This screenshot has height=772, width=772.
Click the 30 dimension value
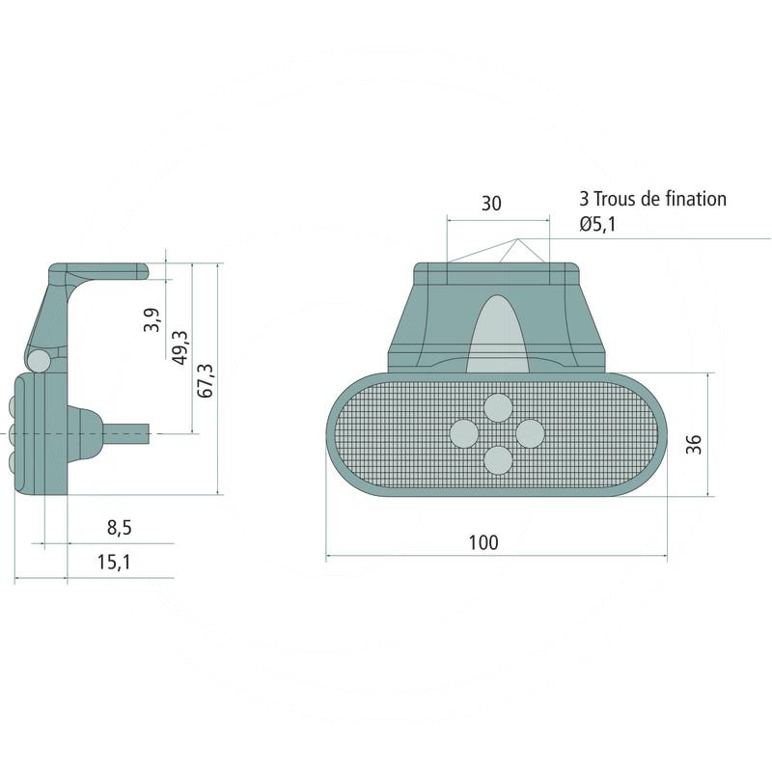click(491, 204)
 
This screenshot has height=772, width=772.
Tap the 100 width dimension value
click(483, 542)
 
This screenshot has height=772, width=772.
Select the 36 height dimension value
click(694, 443)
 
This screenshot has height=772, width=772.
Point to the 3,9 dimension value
click(152, 319)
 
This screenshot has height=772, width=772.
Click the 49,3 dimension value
click(179, 347)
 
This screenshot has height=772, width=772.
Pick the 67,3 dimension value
click(205, 380)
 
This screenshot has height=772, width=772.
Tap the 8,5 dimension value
click(120, 527)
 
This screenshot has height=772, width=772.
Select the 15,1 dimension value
click(114, 562)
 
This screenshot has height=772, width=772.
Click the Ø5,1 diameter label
click(598, 225)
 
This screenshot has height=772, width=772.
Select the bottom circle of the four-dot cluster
click(498, 461)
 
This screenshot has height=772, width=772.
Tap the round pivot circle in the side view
click(39, 360)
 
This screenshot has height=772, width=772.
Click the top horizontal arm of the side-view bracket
click(106, 270)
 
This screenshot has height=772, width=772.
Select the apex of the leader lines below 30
click(517, 238)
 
